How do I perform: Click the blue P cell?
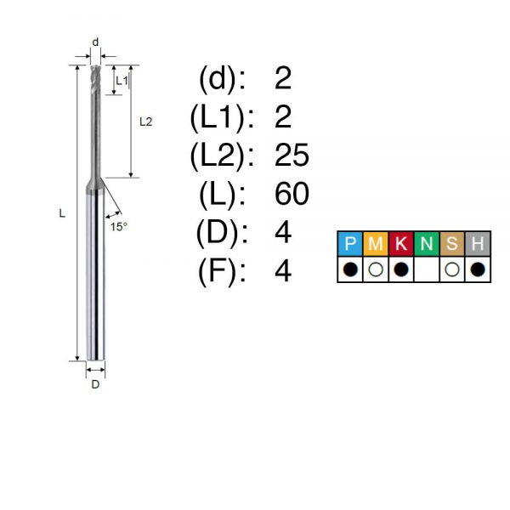pyautogui.click(x=350, y=244)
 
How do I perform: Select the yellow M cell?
pyautogui.click(x=376, y=244)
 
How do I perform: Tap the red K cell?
pyautogui.click(x=400, y=244)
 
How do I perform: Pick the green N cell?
pyautogui.click(x=427, y=244)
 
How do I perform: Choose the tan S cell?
pyautogui.click(x=452, y=244)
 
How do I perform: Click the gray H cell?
pyautogui.click(x=478, y=244)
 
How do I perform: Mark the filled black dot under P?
pyautogui.click(x=350, y=269)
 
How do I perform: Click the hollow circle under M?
pyautogui.click(x=376, y=269)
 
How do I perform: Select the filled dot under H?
pyautogui.click(x=478, y=269)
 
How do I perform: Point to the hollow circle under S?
pyautogui.click(x=452, y=269)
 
